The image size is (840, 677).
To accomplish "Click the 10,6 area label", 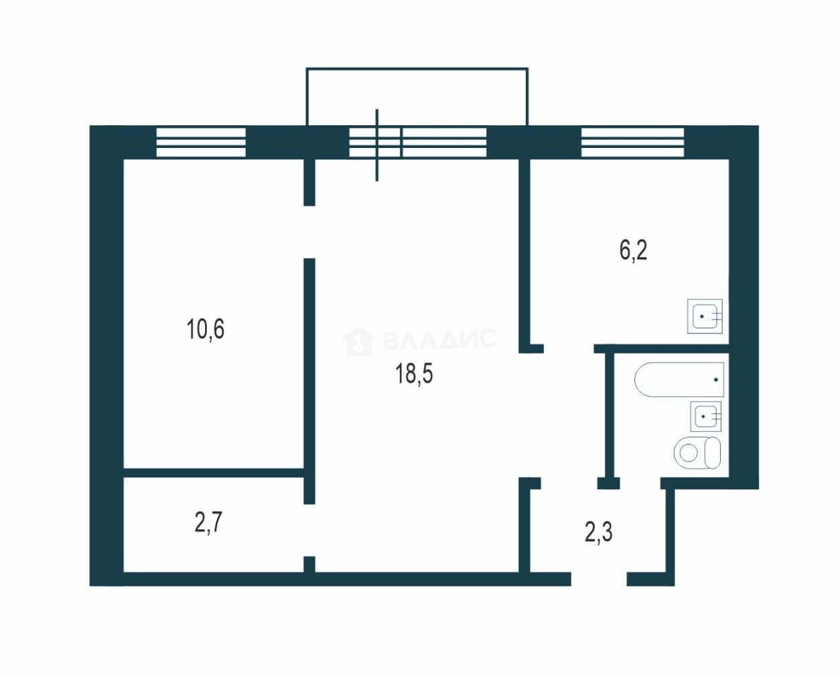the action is point(206,329).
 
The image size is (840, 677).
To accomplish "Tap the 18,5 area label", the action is point(414,374).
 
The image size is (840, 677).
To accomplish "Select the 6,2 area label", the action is point(633,250).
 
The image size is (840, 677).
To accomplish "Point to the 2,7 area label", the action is point(208,522).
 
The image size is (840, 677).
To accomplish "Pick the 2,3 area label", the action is point(598,532).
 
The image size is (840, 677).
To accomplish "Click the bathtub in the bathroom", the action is point(679,379).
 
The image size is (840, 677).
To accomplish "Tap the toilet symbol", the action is point(697,453).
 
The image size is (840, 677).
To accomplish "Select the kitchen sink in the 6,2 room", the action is point(705,316).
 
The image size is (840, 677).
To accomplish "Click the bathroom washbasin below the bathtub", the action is point(706,417).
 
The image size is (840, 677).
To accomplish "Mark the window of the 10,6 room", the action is point(201,143).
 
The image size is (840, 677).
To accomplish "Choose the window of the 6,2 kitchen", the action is point(633,143).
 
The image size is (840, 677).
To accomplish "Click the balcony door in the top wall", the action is point(376,143).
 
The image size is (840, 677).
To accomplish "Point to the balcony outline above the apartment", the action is point(417,69).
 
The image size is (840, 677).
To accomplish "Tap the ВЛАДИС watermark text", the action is point(440,338).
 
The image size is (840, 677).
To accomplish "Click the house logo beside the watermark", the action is point(358,342).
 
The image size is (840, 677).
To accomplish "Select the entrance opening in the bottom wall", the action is point(599,579).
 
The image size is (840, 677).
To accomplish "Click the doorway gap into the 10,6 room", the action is point(309,232).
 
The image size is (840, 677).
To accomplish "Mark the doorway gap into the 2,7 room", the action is point(309,530).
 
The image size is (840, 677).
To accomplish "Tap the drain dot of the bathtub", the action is point(716,380).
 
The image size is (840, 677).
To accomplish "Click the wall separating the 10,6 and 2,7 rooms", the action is point(214,473).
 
